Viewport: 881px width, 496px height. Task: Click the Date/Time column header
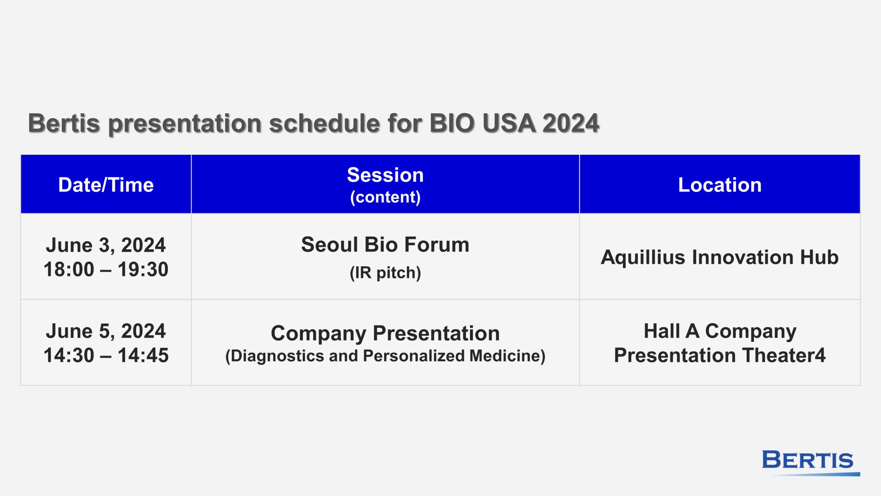tap(106, 185)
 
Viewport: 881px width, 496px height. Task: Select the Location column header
tap(720, 185)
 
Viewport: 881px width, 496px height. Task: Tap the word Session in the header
tap(385, 175)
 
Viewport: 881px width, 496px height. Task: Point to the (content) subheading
tap(385, 197)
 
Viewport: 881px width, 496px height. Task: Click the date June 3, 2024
tap(106, 245)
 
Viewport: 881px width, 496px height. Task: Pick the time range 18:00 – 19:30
tap(106, 269)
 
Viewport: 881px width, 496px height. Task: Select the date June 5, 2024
tap(106, 331)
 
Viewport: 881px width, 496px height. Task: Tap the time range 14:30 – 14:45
tap(106, 355)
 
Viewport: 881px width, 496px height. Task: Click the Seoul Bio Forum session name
tap(385, 245)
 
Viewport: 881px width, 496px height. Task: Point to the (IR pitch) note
tap(385, 273)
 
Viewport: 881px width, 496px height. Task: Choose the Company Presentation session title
tap(385, 333)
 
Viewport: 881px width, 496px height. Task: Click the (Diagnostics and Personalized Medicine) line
tap(385, 356)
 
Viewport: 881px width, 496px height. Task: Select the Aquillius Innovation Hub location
tap(720, 258)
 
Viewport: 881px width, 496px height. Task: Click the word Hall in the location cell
tap(662, 331)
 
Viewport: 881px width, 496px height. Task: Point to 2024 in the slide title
tap(571, 123)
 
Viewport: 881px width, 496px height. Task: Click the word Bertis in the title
tap(64, 123)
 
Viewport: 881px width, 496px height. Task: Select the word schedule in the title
tap(325, 123)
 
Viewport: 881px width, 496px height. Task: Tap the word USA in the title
tap(509, 123)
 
